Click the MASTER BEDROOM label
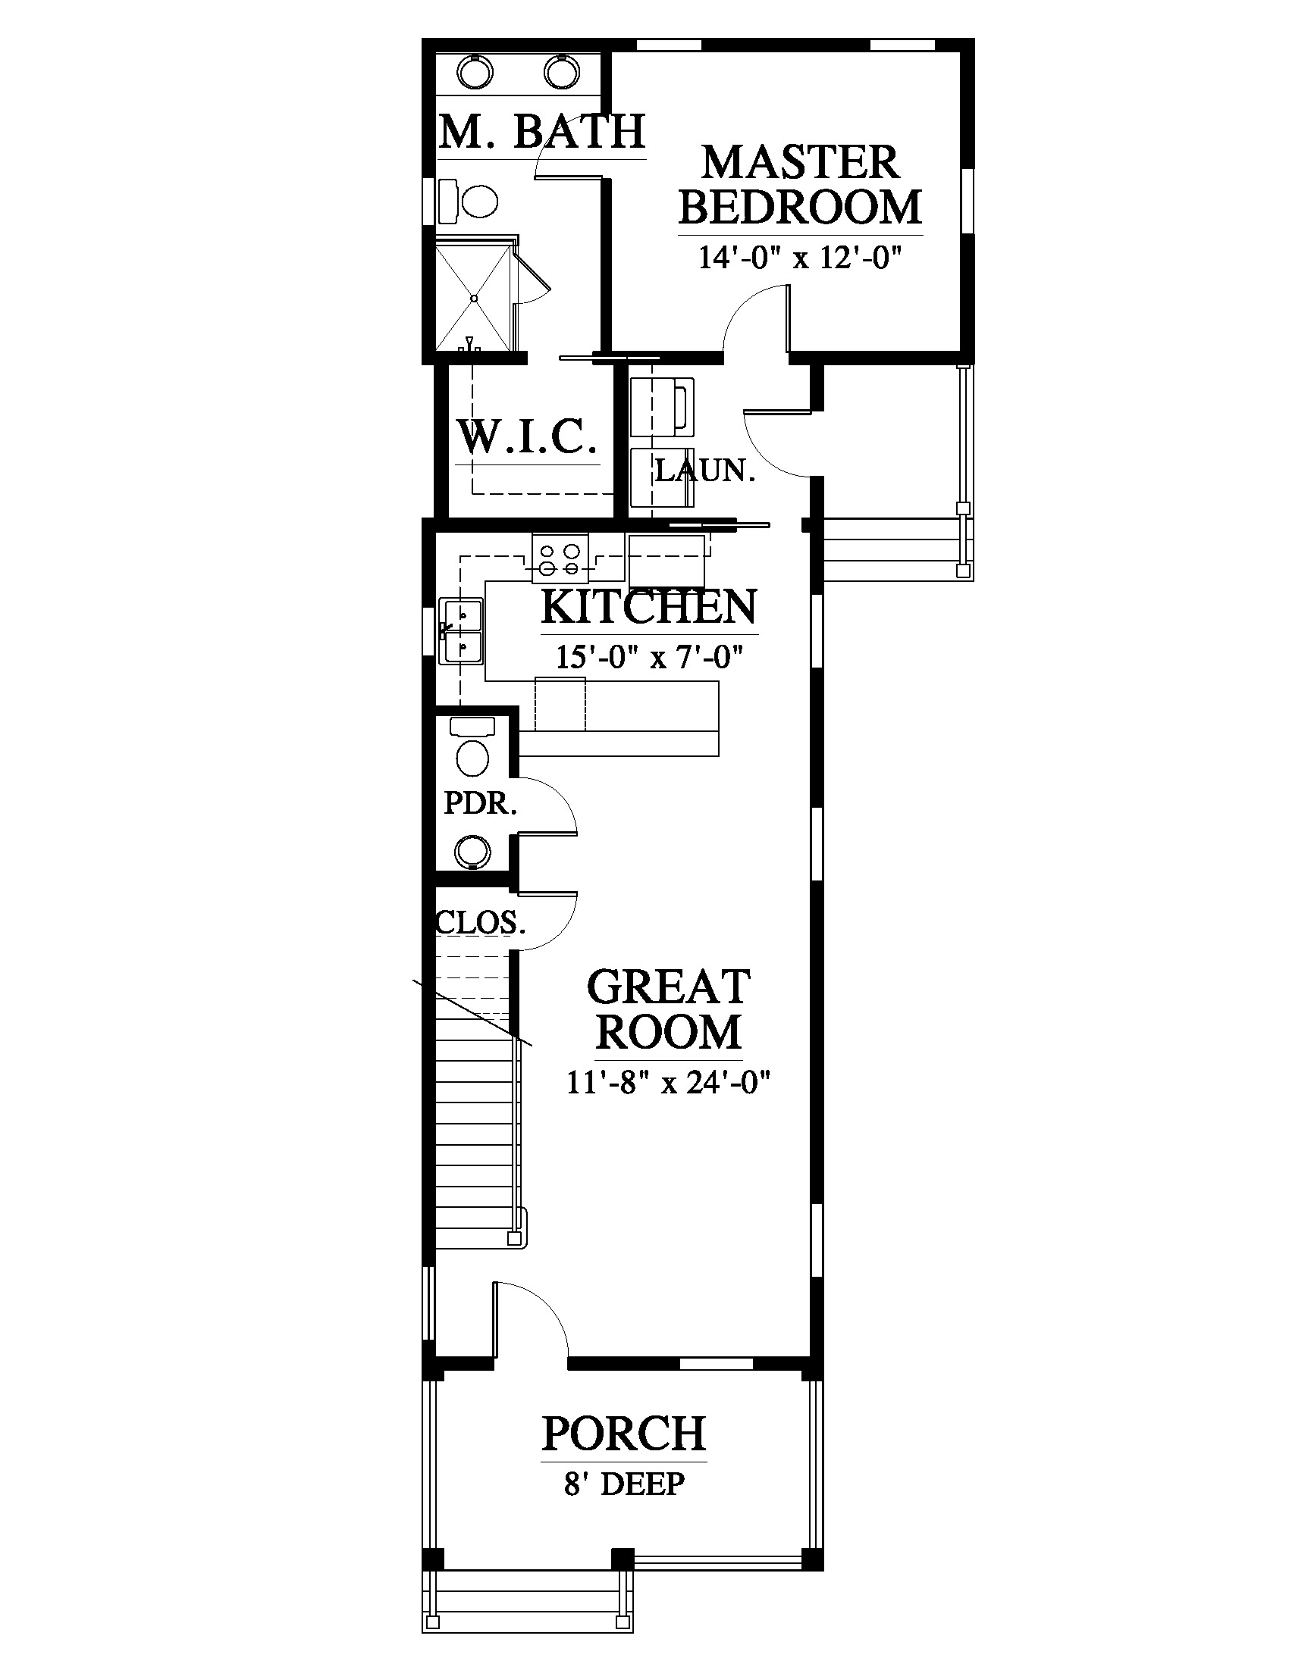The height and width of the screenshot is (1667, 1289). click(x=800, y=186)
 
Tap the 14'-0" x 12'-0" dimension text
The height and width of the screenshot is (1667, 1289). click(x=800, y=258)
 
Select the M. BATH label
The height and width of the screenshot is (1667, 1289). click(x=543, y=131)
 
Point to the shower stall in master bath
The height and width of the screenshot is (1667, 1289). click(x=474, y=295)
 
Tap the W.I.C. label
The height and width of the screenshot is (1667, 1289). click(x=527, y=436)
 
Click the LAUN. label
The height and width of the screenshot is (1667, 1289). click(x=706, y=471)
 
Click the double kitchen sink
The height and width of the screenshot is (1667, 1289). click(x=461, y=630)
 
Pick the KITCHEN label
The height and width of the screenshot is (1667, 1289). click(x=650, y=606)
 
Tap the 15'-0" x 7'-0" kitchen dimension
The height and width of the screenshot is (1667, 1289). click(x=650, y=656)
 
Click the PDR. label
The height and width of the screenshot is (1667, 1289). click(x=481, y=803)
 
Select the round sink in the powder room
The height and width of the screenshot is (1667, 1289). click(x=472, y=851)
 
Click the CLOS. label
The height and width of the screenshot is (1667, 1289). click(x=481, y=923)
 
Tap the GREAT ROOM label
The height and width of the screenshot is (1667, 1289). click(x=668, y=1009)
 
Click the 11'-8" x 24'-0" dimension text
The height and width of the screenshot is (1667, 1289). click(x=668, y=1082)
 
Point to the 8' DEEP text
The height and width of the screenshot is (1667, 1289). click(x=624, y=1484)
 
